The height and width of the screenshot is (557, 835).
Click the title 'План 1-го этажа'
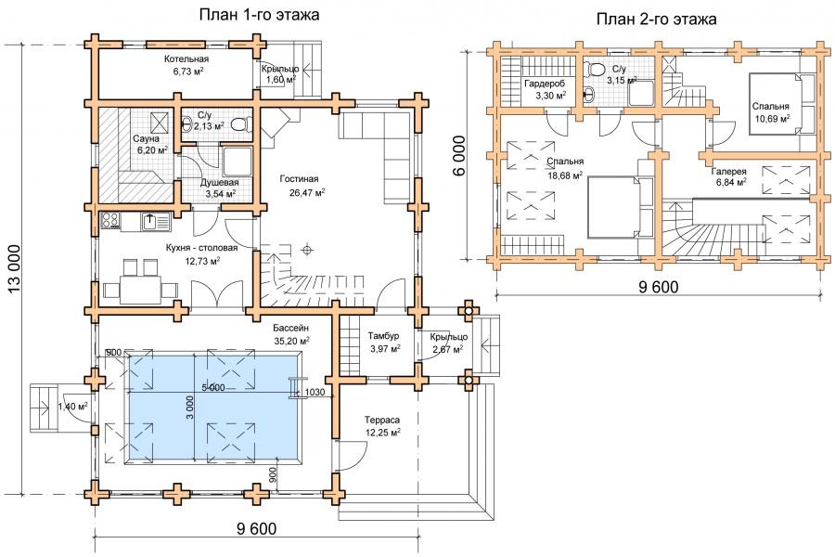pyautogui.click(x=260, y=15)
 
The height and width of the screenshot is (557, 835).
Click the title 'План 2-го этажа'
pyautogui.click(x=656, y=19)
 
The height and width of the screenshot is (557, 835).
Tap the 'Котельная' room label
pyautogui.click(x=186, y=59)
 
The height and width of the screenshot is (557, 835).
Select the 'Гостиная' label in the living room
pyautogui.click(x=300, y=179)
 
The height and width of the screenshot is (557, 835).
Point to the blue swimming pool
pyautogui.click(x=213, y=407)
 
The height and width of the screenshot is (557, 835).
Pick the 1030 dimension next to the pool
pyautogui.click(x=315, y=393)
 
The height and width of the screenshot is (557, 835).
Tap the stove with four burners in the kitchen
pyautogui.click(x=110, y=221)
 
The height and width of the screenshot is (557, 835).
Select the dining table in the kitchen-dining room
pyautogui.click(x=141, y=290)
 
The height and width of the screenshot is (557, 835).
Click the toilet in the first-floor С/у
pyautogui.click(x=242, y=124)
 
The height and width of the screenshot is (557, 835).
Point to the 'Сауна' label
pyautogui.click(x=147, y=139)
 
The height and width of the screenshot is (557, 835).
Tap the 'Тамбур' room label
pyautogui.click(x=383, y=336)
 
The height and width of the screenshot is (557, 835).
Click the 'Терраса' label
pyautogui.click(x=382, y=420)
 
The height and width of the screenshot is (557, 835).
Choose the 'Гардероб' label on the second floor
pyautogui.click(x=545, y=84)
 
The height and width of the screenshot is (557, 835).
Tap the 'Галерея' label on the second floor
pyautogui.click(x=729, y=172)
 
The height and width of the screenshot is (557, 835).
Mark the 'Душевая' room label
pyautogui.click(x=219, y=183)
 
